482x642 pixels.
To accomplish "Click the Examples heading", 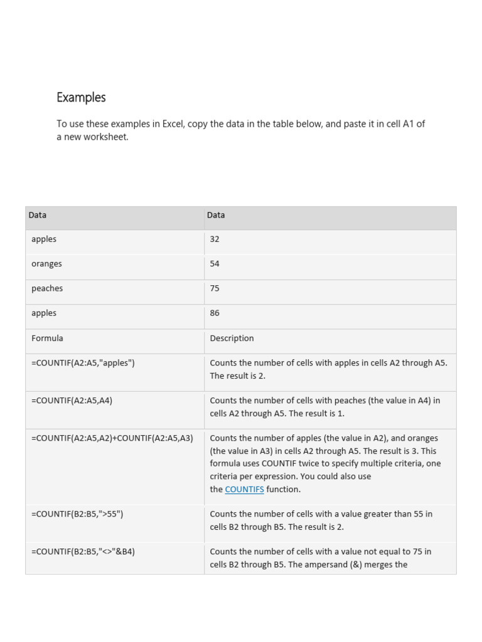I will coord(81,97).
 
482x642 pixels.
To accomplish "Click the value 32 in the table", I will coord(215,239).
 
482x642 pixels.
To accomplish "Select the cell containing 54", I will coord(215,264).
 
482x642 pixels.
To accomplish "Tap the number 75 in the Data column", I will coord(215,288).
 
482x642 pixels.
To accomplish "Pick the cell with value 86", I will coord(215,313).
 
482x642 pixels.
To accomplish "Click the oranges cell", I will coord(46,264).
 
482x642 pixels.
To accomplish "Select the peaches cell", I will coord(47,288).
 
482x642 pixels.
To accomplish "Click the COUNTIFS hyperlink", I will coord(244,489).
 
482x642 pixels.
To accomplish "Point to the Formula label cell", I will coord(47,338).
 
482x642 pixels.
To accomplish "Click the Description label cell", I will coord(232,338).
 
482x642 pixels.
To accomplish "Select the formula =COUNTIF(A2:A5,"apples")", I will coord(83,362).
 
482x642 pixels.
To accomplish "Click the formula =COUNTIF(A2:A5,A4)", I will coord(72,400).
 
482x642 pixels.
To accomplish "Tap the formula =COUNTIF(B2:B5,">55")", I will coord(77,513).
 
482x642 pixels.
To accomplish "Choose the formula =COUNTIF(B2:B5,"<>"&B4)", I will coord(83,551).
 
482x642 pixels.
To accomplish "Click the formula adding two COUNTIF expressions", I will coord(112,438).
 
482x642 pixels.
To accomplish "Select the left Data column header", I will coord(38,215).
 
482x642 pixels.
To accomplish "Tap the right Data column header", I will coord(216,215).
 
